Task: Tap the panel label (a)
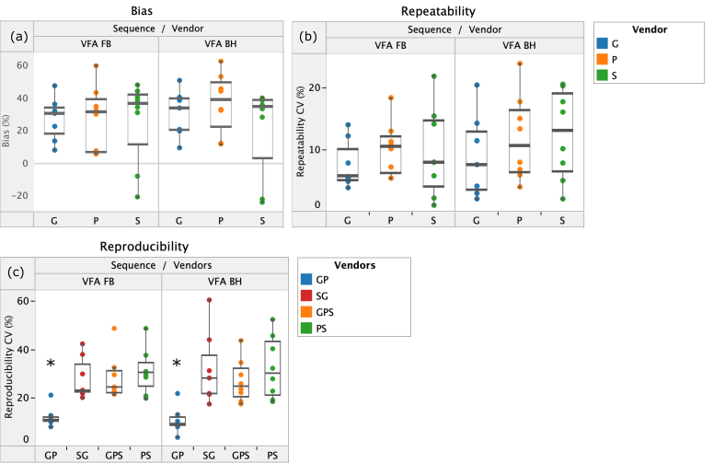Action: (x=18, y=37)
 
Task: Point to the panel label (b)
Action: (x=308, y=38)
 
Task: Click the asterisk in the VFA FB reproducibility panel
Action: (x=51, y=365)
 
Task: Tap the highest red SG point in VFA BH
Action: (x=209, y=300)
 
